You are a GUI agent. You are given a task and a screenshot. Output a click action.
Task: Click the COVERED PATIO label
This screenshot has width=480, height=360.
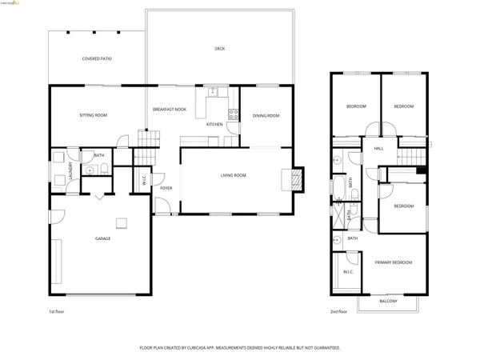[x=96, y=58]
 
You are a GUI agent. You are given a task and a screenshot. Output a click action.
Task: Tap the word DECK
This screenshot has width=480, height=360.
[x=220, y=49]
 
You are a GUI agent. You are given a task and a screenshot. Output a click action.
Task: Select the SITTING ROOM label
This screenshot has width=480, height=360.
[x=93, y=115]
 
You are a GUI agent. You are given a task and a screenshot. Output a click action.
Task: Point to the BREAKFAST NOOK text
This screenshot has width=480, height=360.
[x=170, y=109]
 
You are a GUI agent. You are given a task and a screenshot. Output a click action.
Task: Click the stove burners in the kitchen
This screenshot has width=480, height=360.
[x=234, y=114]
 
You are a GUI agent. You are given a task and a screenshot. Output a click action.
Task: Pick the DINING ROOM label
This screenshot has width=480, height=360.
[x=266, y=116]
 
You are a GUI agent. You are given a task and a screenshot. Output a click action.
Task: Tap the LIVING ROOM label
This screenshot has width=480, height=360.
[x=234, y=175]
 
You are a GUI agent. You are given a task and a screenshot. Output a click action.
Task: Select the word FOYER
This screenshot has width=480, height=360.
[x=166, y=188]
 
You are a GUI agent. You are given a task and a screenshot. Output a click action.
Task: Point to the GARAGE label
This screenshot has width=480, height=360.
[x=102, y=238]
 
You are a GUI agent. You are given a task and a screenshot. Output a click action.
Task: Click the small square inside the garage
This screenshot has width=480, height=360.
[x=122, y=222]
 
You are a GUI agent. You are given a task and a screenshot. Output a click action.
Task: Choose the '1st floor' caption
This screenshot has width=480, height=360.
[x=57, y=311]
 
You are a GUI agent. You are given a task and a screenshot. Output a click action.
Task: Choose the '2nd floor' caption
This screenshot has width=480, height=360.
[x=338, y=311]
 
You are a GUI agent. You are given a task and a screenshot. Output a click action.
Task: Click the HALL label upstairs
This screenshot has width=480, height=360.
[x=378, y=148]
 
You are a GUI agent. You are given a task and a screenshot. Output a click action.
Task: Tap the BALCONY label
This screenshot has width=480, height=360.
[x=388, y=301]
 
